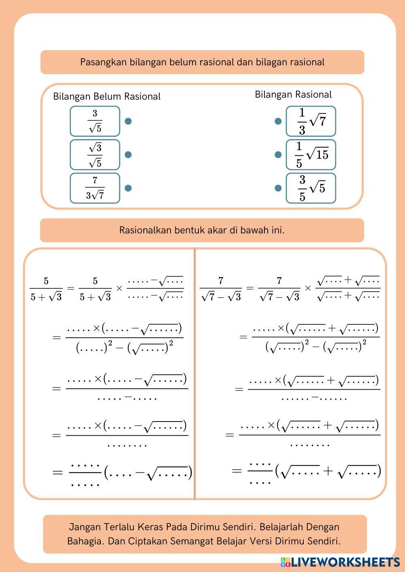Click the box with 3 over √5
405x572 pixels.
click(x=95, y=121)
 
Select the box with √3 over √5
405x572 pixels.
click(x=95, y=155)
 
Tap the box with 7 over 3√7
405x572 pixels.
click(x=95, y=188)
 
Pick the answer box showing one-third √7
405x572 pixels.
click(x=311, y=121)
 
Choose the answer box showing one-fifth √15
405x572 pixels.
click(x=311, y=155)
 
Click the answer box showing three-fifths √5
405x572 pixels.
click(x=311, y=188)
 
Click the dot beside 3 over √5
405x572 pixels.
click(x=128, y=121)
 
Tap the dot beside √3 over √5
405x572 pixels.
click(x=128, y=155)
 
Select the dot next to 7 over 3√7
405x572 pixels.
click(x=128, y=188)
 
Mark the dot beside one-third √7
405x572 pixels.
click(x=278, y=121)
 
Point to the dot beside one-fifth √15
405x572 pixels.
click(x=278, y=155)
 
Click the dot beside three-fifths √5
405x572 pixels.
click(x=278, y=188)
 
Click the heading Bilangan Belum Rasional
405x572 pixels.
click(x=107, y=97)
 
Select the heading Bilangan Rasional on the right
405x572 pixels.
click(x=293, y=95)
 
